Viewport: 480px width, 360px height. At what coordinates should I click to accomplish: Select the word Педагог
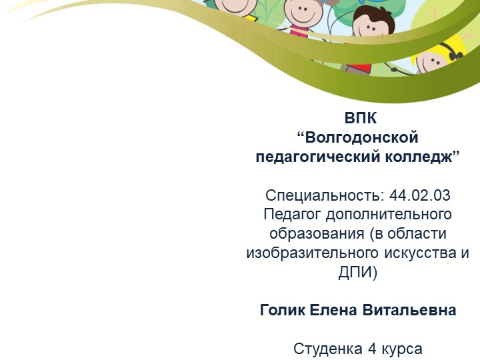[x=290, y=215]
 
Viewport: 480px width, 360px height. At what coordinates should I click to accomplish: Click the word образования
[x=312, y=235]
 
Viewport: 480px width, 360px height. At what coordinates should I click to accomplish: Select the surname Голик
[x=281, y=311]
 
